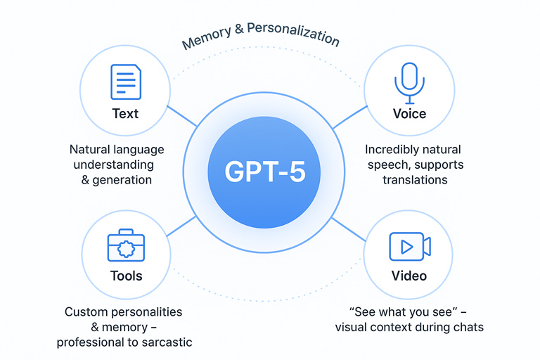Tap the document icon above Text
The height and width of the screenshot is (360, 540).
coord(125,82)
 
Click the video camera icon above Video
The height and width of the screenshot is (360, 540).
coord(409,247)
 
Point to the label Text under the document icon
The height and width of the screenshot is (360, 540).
coord(125,113)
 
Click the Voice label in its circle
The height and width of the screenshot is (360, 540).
coord(409,113)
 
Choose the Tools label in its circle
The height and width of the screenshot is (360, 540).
coord(126,276)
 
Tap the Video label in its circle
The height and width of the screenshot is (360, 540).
coord(409,276)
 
